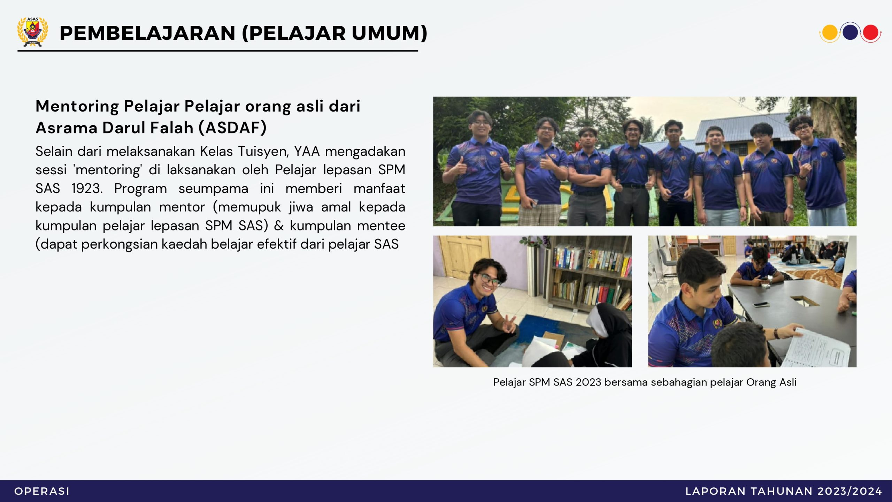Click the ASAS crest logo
(x=32, y=32)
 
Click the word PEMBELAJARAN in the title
(x=147, y=33)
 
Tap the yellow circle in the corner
(x=830, y=32)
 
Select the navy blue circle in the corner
(x=850, y=32)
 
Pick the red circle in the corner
(x=870, y=32)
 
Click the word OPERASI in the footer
(x=42, y=491)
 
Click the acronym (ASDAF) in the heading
(x=232, y=128)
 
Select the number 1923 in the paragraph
(x=87, y=189)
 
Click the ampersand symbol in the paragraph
(x=279, y=226)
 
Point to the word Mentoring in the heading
(x=77, y=106)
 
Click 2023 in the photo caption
(x=589, y=382)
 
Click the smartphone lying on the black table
(x=761, y=304)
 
